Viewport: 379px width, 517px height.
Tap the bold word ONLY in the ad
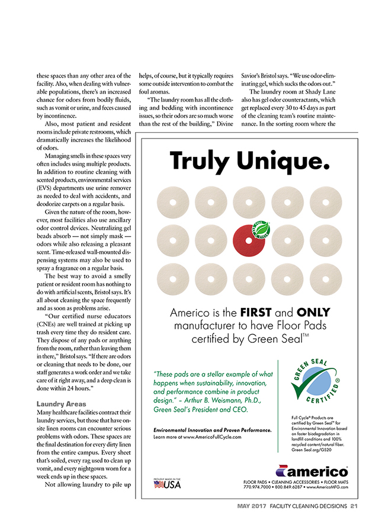pyautogui.click(x=313, y=313)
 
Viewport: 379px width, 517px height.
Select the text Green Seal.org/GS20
pyautogui.click(x=313, y=449)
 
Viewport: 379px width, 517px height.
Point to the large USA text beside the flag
pyautogui.click(x=174, y=484)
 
